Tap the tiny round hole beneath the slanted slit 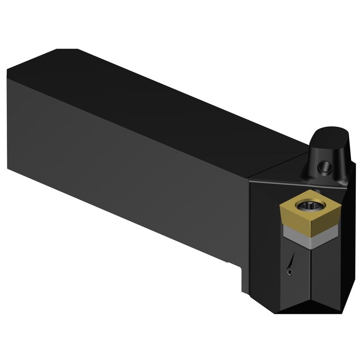click(290, 274)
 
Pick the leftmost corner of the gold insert click(281, 205)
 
